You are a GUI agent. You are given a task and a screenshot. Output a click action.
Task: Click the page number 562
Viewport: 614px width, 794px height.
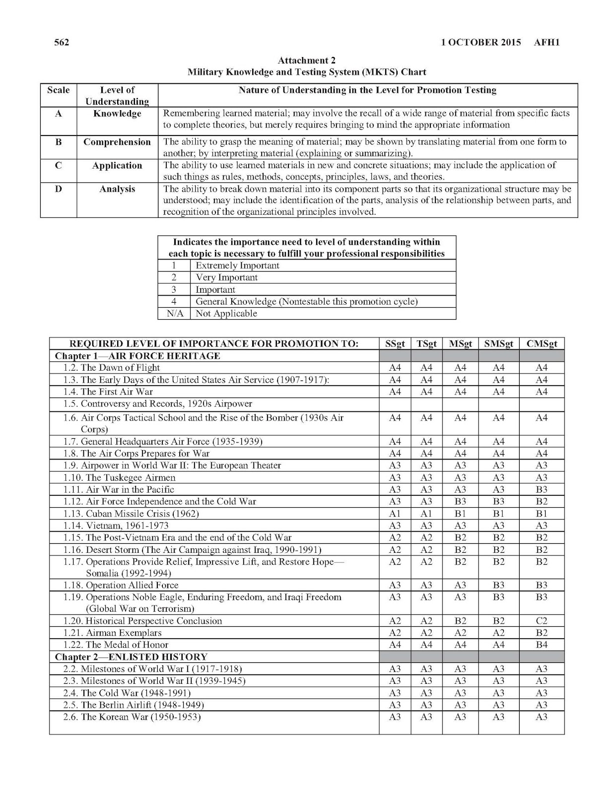pos(62,42)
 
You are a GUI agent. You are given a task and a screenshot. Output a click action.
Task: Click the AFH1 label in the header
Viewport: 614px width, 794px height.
pos(547,42)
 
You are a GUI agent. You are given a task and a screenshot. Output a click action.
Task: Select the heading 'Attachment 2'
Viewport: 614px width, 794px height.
pos(306,61)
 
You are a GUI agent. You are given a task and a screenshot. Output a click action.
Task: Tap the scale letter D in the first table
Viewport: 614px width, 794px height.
pos(58,189)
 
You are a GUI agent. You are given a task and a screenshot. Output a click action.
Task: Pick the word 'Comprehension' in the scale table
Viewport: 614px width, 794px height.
pos(117,142)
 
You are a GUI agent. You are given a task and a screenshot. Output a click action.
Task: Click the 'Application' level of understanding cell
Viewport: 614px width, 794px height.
pos(117,166)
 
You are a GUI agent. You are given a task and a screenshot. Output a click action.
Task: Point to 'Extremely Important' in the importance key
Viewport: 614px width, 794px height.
pos(237,265)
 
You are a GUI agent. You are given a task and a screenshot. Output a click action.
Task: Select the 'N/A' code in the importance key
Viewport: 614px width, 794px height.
pos(174,314)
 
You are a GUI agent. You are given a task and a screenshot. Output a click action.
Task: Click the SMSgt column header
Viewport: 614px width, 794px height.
pos(498,343)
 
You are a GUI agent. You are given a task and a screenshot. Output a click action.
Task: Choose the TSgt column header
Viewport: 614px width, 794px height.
pos(426,343)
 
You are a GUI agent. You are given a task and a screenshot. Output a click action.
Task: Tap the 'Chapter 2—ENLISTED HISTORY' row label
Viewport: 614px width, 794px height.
pos(131,657)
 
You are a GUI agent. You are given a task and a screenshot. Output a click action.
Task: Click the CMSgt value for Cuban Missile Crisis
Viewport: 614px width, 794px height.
pos(542,514)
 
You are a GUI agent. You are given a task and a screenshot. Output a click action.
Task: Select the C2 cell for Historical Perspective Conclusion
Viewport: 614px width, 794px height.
pos(542,621)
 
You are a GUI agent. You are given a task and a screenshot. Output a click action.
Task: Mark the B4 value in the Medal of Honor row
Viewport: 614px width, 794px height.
pos(542,645)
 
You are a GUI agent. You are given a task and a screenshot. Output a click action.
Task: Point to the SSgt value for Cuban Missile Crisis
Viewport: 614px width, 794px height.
pos(395,514)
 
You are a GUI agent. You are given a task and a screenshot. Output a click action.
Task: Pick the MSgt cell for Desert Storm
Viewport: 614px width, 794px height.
pos(460,550)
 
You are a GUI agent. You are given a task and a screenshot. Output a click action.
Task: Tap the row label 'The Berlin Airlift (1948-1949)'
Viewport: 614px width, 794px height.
pos(134,705)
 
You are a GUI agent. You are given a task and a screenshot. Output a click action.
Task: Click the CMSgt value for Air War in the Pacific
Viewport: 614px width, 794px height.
pos(542,490)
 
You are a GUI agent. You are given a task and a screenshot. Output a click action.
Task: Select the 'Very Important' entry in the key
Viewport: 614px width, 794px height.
pos(227,277)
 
